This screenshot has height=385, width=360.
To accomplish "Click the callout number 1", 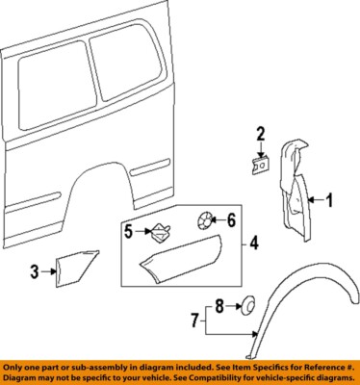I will click(327, 200).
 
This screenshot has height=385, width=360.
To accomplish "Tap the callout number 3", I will click(35, 272).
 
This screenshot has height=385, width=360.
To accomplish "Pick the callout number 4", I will click(254, 244).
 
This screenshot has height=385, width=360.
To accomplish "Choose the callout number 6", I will click(231, 219).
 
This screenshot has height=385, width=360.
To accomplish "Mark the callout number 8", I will click(219, 306).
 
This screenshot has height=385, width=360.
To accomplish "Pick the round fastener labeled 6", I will click(204, 219).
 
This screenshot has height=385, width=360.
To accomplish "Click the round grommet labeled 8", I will click(247, 307).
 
